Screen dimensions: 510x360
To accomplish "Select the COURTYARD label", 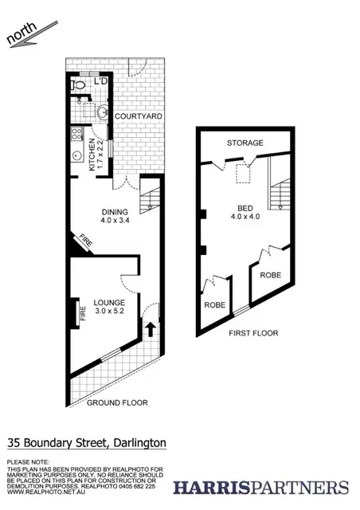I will click(139, 117).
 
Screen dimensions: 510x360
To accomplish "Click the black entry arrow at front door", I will click(150, 327).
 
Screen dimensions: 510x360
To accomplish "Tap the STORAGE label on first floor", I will click(245, 143).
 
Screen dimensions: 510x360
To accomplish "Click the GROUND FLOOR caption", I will click(116, 403).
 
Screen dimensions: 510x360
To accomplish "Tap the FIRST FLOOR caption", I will click(253, 333).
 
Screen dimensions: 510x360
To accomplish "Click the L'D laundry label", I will click(101, 82).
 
